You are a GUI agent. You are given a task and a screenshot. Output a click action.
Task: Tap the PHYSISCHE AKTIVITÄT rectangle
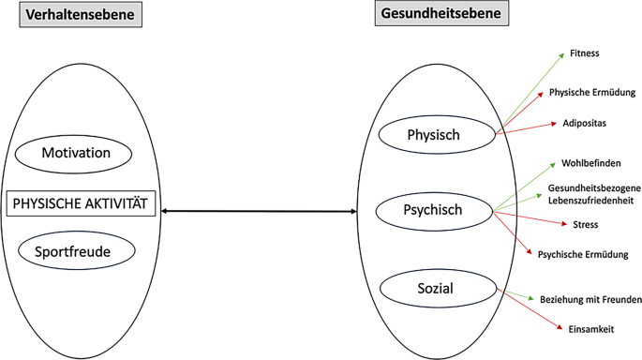coord(81,202)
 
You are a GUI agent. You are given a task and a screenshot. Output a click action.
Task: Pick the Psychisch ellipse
coord(433,210)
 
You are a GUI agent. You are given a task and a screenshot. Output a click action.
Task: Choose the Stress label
coord(585,225)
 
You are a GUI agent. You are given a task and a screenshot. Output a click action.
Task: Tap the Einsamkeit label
coord(591,329)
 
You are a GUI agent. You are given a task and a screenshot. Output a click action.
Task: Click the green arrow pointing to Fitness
coord(530,90)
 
